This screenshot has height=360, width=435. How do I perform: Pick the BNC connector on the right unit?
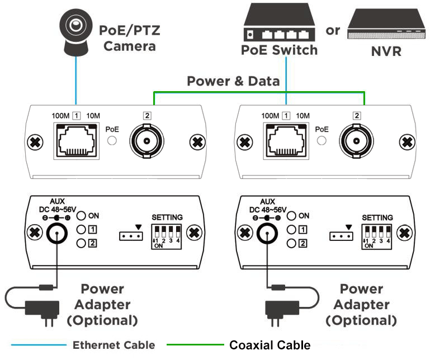pos(356,141)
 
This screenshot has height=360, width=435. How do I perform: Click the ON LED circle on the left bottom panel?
pos(81,215)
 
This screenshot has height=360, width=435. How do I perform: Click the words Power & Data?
pos(233,82)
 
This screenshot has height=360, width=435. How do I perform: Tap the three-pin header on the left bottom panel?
pos(129,236)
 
